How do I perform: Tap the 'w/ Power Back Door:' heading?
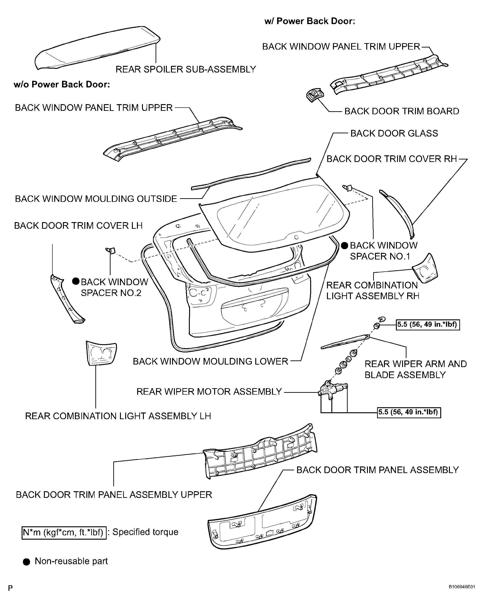(310, 21)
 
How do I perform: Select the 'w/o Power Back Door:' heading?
(62, 84)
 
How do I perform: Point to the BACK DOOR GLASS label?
(394, 133)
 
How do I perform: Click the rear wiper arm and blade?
(345, 341)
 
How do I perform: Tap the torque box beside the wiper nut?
(427, 325)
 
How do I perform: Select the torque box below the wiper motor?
(409, 412)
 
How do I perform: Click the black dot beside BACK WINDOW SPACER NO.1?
(344, 245)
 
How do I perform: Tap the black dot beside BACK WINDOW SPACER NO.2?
(75, 281)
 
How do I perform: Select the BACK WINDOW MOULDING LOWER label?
(210, 361)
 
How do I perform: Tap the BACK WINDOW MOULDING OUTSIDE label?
(96, 199)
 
